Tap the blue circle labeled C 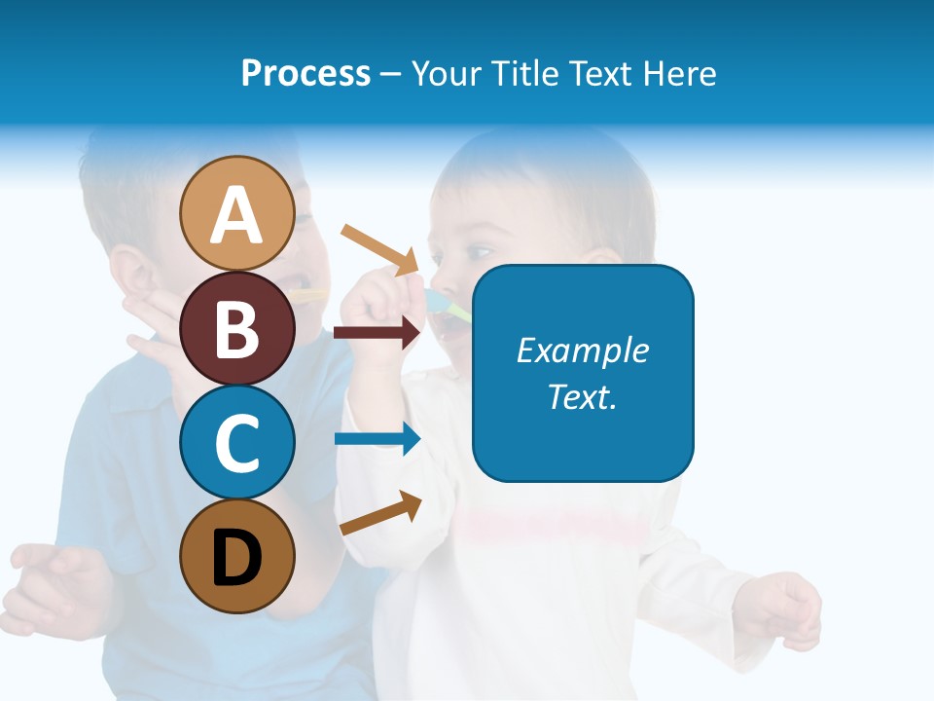click(237, 443)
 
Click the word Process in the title click(305, 73)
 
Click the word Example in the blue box click(583, 350)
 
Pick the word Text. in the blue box click(583, 396)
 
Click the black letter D click(237, 558)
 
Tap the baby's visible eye click(478, 252)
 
